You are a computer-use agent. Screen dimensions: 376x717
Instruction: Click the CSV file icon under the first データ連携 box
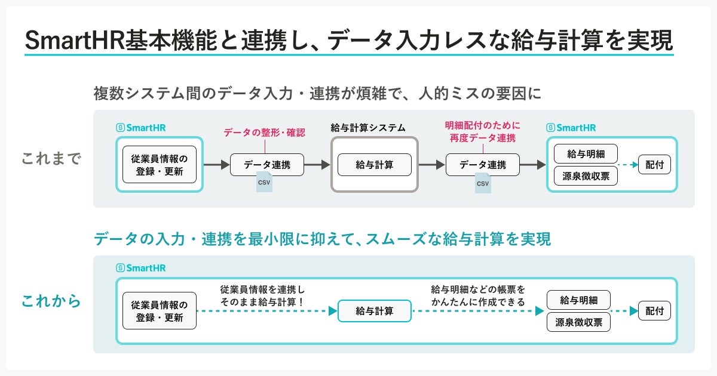click(x=264, y=182)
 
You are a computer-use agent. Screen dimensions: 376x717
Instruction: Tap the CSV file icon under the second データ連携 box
click(x=482, y=182)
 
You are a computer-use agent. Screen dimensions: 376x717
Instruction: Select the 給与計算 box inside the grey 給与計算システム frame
click(x=375, y=165)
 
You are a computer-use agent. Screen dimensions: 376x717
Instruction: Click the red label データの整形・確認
click(x=264, y=132)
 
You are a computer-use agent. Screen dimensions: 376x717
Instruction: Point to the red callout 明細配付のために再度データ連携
click(x=483, y=131)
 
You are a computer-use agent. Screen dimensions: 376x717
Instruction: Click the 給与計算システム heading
click(x=368, y=128)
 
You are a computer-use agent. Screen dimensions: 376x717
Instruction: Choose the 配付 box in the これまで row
click(x=654, y=165)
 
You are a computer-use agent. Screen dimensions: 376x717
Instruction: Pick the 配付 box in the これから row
click(x=654, y=311)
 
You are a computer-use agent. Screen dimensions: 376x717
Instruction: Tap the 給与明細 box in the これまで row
click(x=586, y=154)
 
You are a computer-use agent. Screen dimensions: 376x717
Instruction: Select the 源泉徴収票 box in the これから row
click(x=578, y=322)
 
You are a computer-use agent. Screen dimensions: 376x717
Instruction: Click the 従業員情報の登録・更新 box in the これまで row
click(x=160, y=165)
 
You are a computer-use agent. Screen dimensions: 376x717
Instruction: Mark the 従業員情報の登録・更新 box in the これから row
click(x=160, y=311)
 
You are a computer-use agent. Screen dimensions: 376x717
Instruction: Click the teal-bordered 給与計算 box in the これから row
click(x=375, y=311)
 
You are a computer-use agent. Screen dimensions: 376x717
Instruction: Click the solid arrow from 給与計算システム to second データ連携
click(x=431, y=165)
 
